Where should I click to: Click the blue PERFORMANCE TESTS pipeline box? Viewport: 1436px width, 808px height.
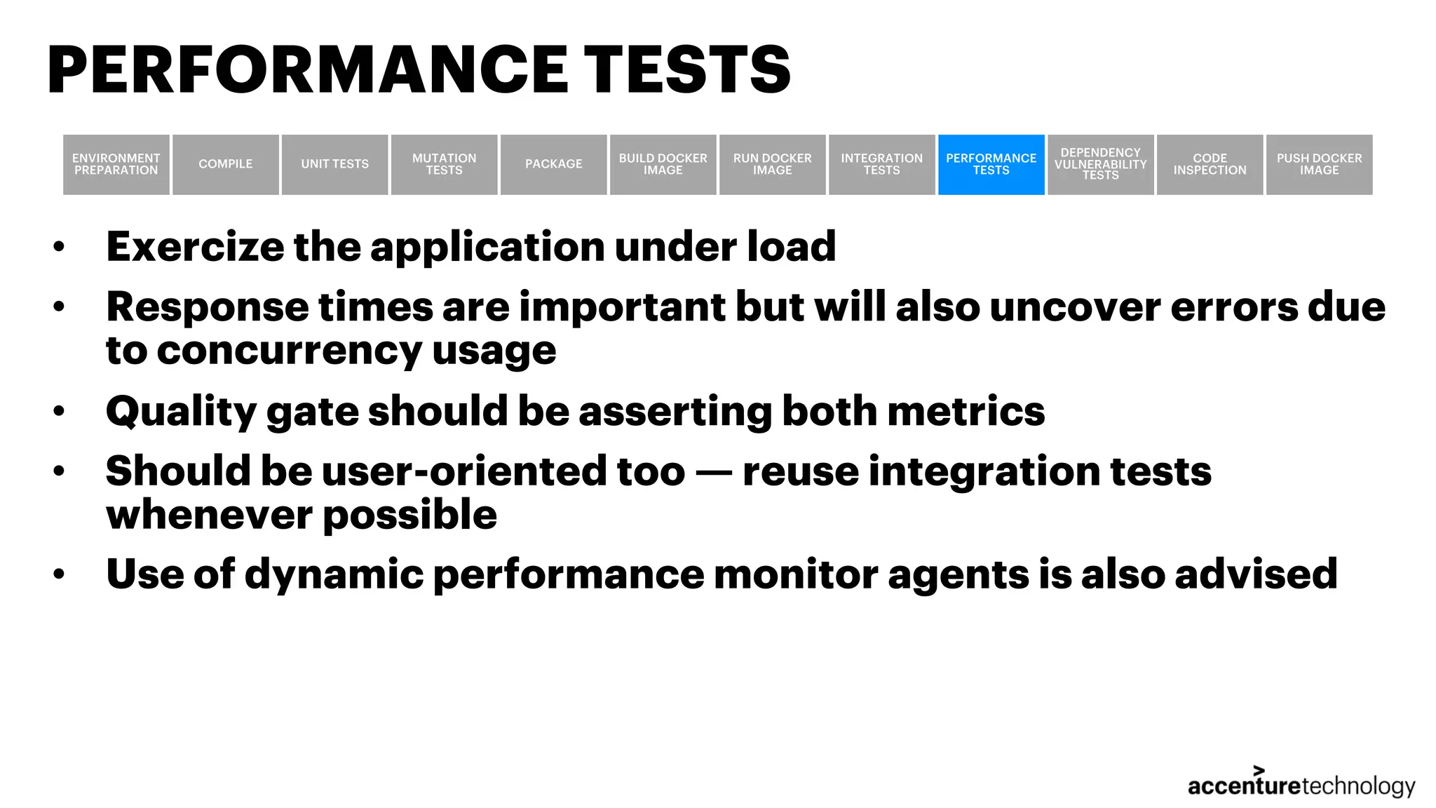coord(991,164)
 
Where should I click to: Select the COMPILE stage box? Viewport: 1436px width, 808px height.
coord(225,164)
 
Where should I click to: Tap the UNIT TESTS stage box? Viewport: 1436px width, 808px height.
coord(334,164)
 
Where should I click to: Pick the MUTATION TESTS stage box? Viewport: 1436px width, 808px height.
coord(444,164)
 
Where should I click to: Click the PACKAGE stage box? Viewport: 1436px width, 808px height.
coord(553,164)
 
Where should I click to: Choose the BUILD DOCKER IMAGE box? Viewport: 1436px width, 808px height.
coord(663,164)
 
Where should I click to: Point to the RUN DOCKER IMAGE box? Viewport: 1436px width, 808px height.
coord(772,164)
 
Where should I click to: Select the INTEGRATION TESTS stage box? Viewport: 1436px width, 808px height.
coord(881,164)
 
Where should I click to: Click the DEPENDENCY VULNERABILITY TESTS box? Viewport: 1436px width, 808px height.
coord(1100,164)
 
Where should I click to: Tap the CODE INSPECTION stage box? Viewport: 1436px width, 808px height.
coord(1210,164)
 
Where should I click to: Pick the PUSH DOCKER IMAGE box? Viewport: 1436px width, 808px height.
coord(1319,164)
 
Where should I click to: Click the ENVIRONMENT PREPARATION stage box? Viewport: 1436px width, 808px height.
coord(116,164)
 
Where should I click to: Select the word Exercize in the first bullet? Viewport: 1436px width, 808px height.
coord(194,247)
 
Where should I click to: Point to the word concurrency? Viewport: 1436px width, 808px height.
coord(288,351)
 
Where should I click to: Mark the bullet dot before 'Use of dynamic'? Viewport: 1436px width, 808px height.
coord(59,574)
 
